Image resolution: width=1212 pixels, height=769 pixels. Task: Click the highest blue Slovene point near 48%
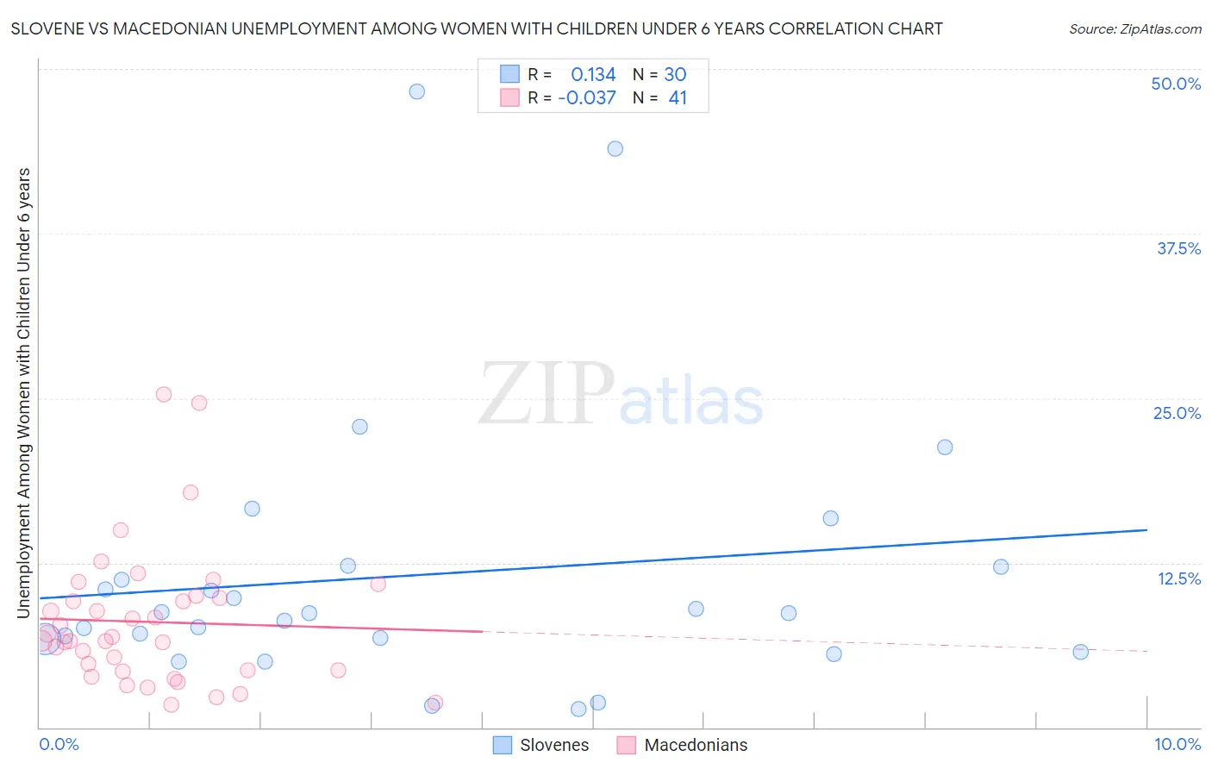(x=417, y=91)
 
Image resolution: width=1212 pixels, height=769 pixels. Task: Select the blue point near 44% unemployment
(x=615, y=148)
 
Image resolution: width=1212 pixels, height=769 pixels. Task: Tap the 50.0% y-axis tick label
(x=1176, y=84)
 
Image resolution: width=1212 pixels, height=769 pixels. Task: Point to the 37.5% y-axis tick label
(x=1178, y=248)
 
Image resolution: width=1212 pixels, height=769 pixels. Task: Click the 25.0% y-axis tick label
(x=1177, y=413)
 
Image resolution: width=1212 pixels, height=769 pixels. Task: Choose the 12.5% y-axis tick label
(x=1178, y=578)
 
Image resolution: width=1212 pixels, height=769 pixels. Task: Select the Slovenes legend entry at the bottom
(x=541, y=745)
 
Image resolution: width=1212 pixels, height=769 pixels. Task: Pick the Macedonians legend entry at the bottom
(x=683, y=745)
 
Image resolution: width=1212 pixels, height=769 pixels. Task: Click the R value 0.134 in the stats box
(x=593, y=75)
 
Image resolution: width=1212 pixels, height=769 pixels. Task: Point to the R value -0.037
(x=587, y=98)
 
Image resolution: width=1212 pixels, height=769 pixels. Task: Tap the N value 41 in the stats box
(x=678, y=98)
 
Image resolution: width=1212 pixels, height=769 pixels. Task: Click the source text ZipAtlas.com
(x=1134, y=29)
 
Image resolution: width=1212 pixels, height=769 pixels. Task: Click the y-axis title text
(x=24, y=392)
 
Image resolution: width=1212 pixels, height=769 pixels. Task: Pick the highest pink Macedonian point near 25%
(x=164, y=394)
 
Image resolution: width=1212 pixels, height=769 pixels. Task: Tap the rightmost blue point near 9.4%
(x=1080, y=652)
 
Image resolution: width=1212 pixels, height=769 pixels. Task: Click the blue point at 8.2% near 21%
(x=945, y=447)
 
